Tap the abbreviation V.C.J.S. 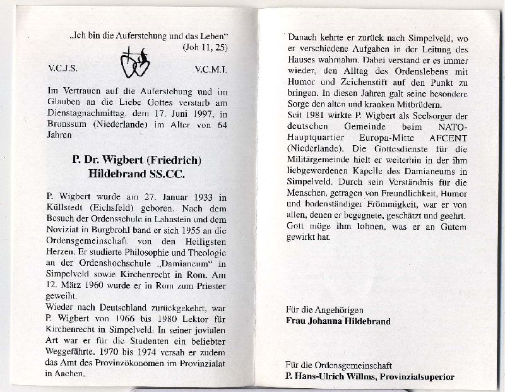click(62, 65)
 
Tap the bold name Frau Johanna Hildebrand click(338, 321)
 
